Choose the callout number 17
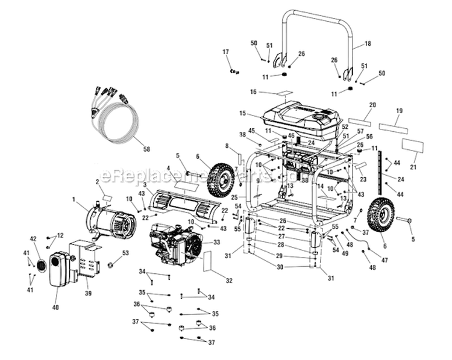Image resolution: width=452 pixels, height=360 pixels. click(227, 53)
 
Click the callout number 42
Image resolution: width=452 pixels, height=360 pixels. click(34, 238)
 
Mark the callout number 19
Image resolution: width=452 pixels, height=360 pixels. click(399, 111)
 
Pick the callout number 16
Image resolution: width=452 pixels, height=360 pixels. click(254, 92)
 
